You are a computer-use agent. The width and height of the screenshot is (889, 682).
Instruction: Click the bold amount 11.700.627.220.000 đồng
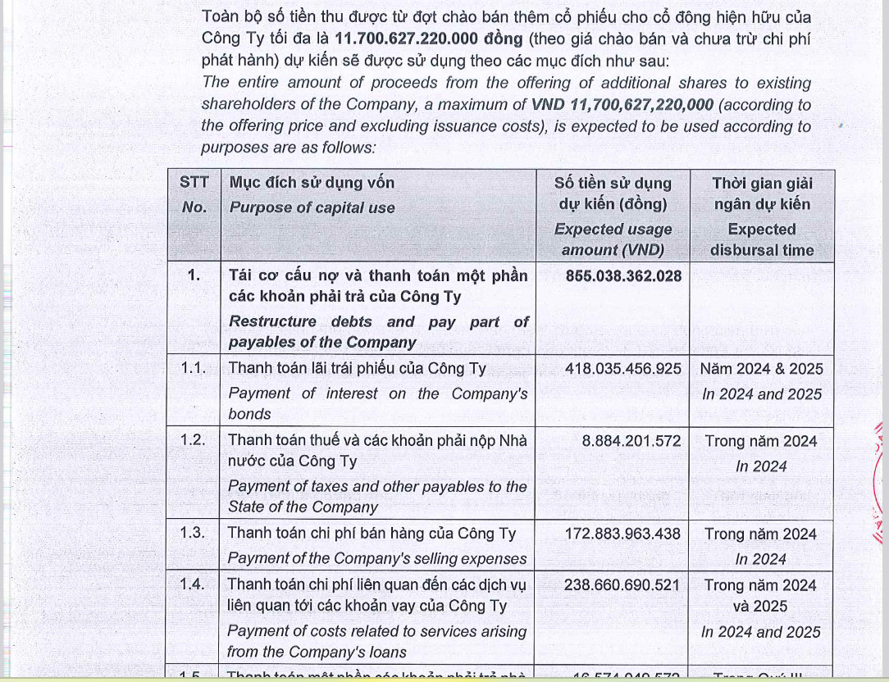coord(428,39)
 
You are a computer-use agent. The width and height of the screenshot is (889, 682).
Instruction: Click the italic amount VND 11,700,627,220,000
coord(622,105)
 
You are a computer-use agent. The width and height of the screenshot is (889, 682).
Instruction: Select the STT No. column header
coord(194,195)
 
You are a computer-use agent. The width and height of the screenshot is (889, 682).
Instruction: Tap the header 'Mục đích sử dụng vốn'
coord(312,183)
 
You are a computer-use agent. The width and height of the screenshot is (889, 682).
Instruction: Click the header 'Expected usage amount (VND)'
coord(613,240)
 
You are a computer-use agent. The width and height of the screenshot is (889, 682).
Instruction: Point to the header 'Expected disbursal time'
coord(761,240)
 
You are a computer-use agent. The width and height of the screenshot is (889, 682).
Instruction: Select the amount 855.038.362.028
coord(623,275)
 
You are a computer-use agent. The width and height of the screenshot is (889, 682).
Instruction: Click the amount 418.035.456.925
coord(623,369)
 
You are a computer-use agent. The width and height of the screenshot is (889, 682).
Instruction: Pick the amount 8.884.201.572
coord(631,441)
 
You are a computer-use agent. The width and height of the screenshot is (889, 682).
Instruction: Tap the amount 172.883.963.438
coord(623,534)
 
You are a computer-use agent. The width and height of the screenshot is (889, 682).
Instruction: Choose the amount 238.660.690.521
coord(623,585)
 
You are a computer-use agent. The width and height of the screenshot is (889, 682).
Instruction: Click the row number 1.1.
coord(194,369)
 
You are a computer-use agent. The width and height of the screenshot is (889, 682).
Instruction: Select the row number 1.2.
coord(194,440)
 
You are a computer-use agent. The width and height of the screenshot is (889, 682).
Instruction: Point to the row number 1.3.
coord(194,533)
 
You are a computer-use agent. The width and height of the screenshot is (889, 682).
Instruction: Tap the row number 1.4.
coord(194,584)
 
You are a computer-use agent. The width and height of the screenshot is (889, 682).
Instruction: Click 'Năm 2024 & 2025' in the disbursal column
coord(761,369)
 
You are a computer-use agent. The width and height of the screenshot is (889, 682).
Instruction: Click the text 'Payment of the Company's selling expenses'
coord(377,559)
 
